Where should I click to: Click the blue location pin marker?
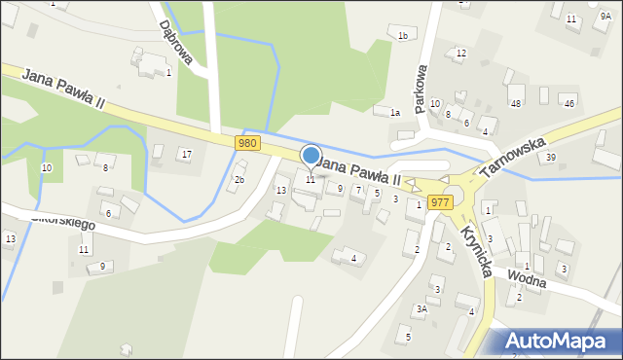pos(311,157)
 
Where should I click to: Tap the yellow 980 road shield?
pos(247,143)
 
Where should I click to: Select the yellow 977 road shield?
pos(439,202)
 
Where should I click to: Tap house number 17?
pos(186,155)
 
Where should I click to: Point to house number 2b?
pos(238,180)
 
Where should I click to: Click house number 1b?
pos(402,36)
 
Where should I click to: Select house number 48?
pos(515,103)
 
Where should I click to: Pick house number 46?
pos(569,103)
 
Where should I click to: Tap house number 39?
pos(551,158)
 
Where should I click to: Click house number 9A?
pos(605,17)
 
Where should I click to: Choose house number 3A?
pos(421,309)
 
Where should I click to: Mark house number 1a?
pos(395,114)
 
